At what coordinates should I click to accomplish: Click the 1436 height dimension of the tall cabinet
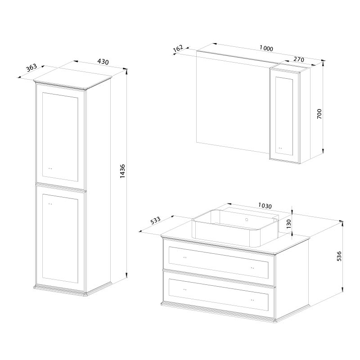[122, 171]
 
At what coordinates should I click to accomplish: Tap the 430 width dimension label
[103, 62]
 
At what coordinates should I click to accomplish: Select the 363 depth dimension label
[31, 67]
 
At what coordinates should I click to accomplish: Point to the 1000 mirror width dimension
[266, 48]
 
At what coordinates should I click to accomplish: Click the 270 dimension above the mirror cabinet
[299, 59]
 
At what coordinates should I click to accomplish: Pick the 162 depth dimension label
[178, 49]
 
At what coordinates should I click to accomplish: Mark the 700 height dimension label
[319, 114]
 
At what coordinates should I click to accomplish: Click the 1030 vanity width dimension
[265, 206]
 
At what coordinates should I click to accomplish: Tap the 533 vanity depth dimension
[155, 220]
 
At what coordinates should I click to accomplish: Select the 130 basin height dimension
[288, 224]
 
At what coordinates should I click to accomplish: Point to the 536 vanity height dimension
[339, 256]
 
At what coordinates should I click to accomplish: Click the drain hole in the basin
[247, 220]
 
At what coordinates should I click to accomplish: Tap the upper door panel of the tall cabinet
[60, 137]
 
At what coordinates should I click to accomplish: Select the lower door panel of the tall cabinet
[60, 238]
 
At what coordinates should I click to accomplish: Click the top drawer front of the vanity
[219, 263]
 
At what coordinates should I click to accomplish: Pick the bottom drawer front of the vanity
[219, 295]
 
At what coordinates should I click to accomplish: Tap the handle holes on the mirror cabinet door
[280, 148]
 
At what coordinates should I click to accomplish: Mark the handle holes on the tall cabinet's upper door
[50, 168]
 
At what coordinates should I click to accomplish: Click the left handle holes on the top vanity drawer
[185, 257]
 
